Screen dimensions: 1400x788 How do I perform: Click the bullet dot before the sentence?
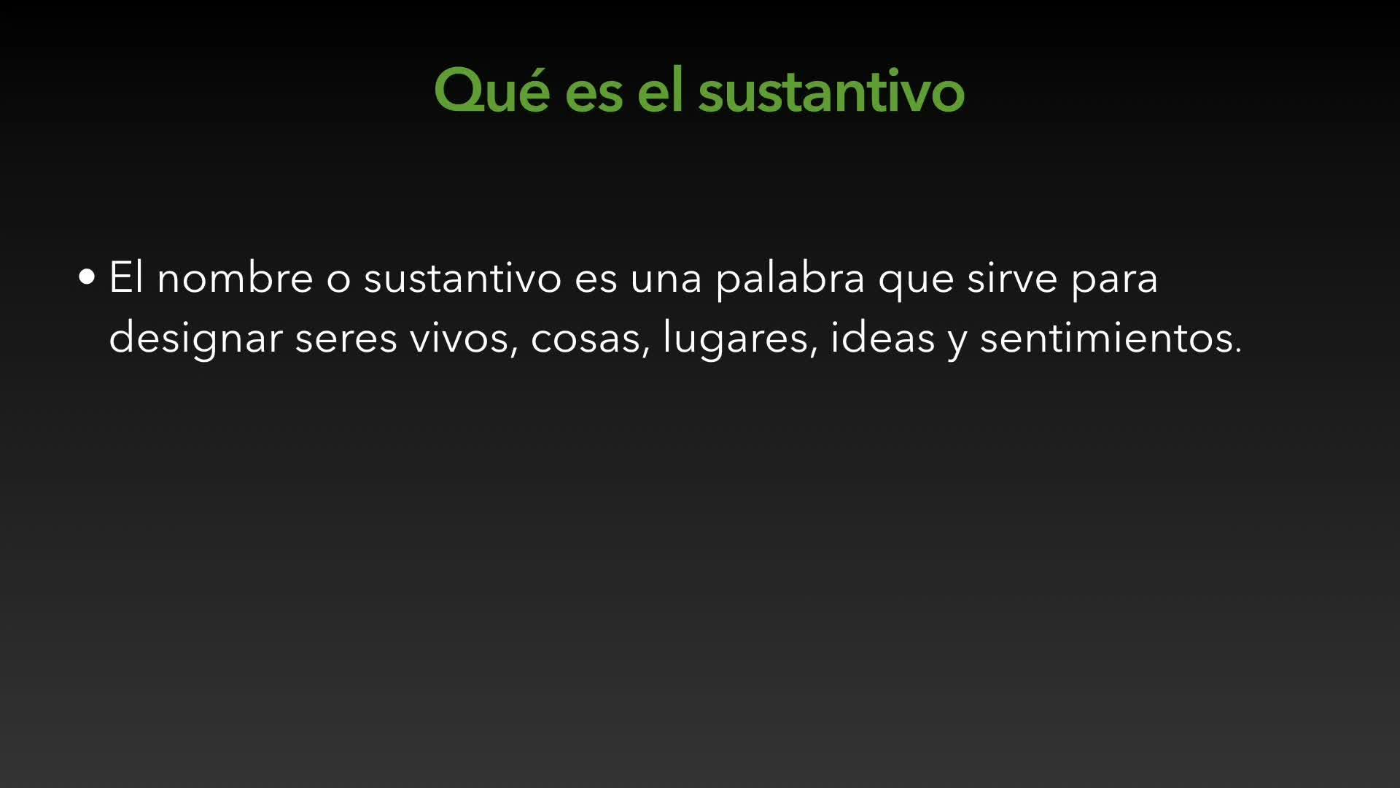(x=87, y=277)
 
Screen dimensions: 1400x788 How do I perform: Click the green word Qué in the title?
(x=491, y=90)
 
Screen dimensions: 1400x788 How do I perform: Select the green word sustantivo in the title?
(x=831, y=91)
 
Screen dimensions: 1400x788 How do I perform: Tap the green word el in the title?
(x=661, y=90)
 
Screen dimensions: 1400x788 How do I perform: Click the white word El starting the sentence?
(x=126, y=277)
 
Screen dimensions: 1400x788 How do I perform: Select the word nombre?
(x=235, y=277)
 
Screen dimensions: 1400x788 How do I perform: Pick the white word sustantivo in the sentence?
(x=463, y=277)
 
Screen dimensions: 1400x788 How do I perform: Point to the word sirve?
(x=1012, y=278)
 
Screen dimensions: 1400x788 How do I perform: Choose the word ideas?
(x=883, y=337)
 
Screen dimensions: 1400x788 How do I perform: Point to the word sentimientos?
(x=1111, y=337)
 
